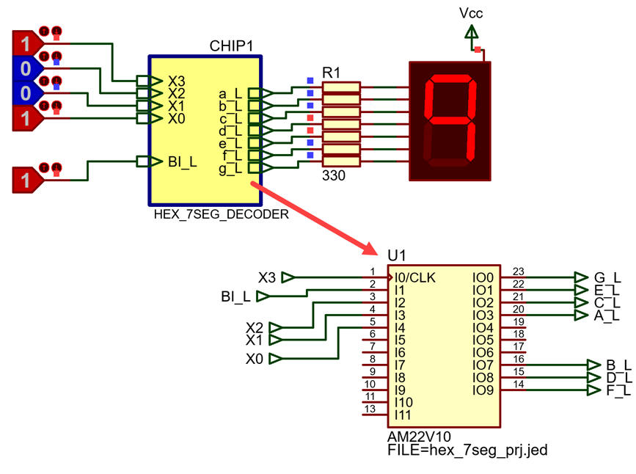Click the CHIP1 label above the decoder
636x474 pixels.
tap(231, 45)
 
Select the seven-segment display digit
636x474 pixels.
tap(450, 120)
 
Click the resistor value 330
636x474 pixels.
tap(334, 175)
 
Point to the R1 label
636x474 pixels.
tap(331, 73)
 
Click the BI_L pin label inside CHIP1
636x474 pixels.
tap(183, 162)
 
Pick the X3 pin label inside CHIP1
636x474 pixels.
tap(177, 81)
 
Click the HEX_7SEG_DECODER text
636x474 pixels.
tap(221, 214)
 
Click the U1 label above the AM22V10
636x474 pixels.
tap(396, 255)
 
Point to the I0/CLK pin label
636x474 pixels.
tap(415, 277)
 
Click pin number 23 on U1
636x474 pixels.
tap(519, 271)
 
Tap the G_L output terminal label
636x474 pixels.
tap(607, 278)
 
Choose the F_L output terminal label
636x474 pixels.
tap(618, 391)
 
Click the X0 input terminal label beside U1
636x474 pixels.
tap(255, 359)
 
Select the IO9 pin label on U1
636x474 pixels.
tap(483, 390)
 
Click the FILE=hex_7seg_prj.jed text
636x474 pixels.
tap(467, 450)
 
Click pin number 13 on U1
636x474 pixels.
tap(370, 409)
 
